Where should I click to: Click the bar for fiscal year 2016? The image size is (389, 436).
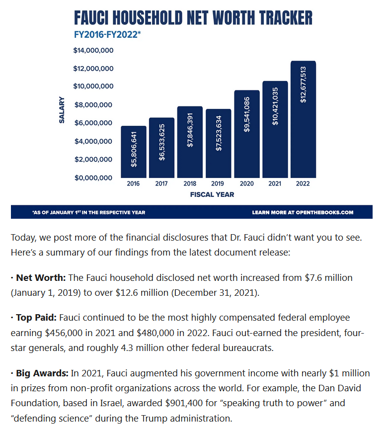point(133,152)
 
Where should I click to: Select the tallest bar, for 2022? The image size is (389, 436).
point(303,119)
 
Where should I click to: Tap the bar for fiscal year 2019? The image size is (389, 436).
point(219,144)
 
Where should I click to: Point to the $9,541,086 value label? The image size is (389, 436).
point(246,114)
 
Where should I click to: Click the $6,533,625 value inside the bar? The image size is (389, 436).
point(162,142)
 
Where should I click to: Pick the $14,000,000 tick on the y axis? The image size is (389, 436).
point(93,50)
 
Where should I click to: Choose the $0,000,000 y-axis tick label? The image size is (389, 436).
point(93,177)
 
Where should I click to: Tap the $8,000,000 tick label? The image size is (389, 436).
point(93,105)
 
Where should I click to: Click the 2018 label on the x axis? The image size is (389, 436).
point(190,183)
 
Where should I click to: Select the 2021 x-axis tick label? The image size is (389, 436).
point(275,183)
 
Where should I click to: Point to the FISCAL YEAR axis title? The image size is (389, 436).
point(212,195)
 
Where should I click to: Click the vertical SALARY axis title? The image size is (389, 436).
point(62,110)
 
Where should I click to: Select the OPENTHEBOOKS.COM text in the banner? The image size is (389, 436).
point(324,212)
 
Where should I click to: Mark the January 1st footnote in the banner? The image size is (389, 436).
point(88,212)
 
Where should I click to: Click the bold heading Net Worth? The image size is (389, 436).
point(41,278)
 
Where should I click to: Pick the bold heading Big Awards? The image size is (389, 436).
point(42,373)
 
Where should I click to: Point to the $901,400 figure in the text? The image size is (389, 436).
point(184,403)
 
